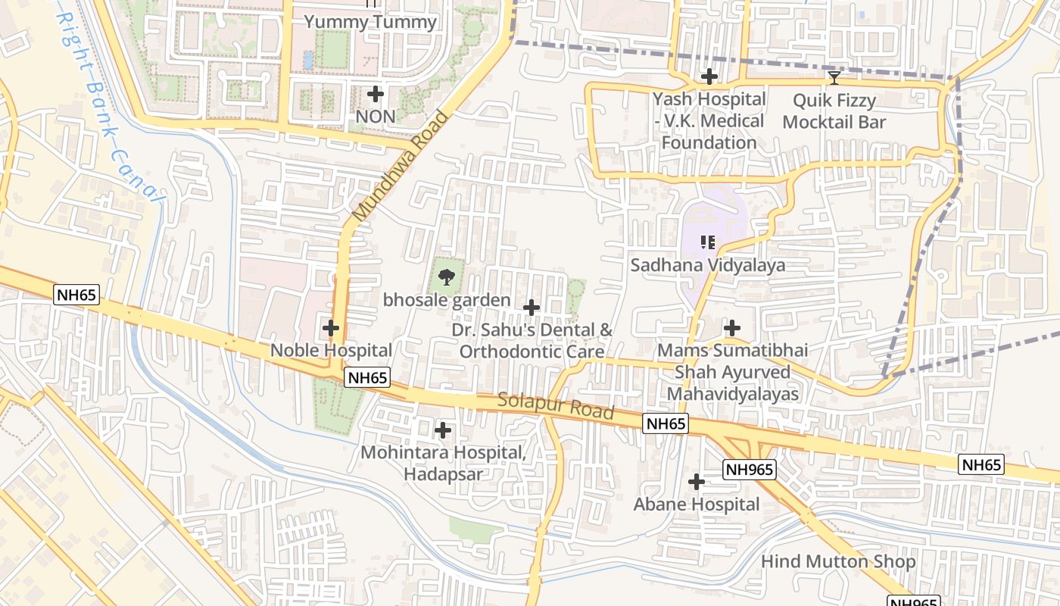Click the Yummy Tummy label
pos(370,22)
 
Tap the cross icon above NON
pos(376,94)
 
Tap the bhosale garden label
pos(447,301)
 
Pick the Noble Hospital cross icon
pos(331,328)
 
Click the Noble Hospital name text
pos(331,351)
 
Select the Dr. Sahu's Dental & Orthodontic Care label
pos(532,341)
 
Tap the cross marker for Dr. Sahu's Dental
pos(532,308)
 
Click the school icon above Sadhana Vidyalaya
pos(708,242)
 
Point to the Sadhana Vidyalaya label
pos(708,265)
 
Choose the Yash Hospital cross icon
pos(709,77)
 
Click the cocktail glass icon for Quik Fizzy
pos(834,78)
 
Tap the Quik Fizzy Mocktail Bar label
pos(834,111)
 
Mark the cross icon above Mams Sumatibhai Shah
pos(732,328)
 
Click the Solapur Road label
pos(555,406)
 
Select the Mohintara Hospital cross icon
pos(443,431)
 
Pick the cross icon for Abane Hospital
pos(697,482)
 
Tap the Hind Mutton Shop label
pos(838,562)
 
